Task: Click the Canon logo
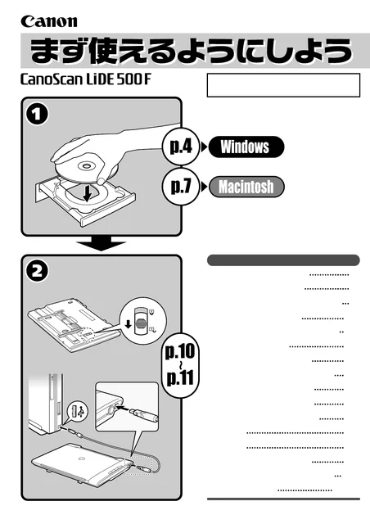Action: click(x=49, y=22)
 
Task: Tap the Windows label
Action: click(x=246, y=147)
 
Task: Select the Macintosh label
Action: click(x=246, y=187)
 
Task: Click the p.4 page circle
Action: click(x=181, y=147)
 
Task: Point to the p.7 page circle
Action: click(x=181, y=187)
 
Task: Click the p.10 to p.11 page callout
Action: click(x=180, y=365)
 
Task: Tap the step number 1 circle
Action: click(x=37, y=115)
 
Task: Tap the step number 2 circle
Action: click(x=37, y=271)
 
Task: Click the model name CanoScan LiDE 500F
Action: click(x=86, y=79)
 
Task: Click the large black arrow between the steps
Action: click(x=102, y=245)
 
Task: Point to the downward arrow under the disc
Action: click(x=88, y=194)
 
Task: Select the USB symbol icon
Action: click(x=77, y=411)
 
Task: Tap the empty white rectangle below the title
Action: click(x=283, y=85)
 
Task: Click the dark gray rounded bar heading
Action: click(x=283, y=260)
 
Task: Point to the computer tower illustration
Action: click(x=46, y=402)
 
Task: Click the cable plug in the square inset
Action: click(x=144, y=413)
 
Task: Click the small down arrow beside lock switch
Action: click(x=128, y=324)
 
